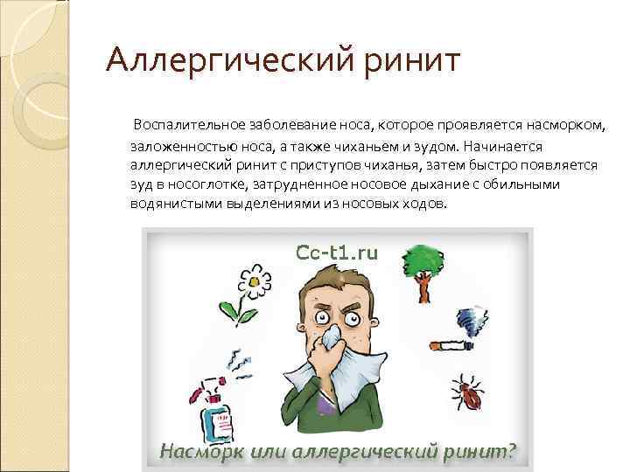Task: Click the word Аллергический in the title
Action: pos(224,62)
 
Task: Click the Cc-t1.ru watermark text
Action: pos(337,253)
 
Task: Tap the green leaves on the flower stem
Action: pos(229,309)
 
